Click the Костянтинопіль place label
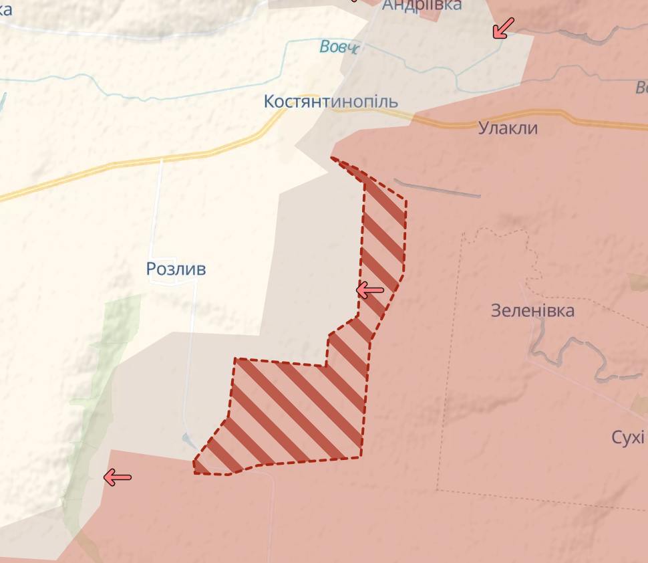pyautogui.click(x=331, y=102)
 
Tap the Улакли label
pyautogui.click(x=508, y=128)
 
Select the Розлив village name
pyautogui.click(x=176, y=269)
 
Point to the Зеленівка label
pyautogui.click(x=532, y=310)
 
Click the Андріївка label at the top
pyautogui.click(x=422, y=5)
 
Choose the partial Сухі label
pyautogui.click(x=628, y=437)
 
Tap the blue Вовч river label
pyautogui.click(x=339, y=47)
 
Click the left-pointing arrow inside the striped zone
pyautogui.click(x=370, y=290)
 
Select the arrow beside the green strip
pyautogui.click(x=118, y=477)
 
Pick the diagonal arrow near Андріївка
pyautogui.click(x=503, y=28)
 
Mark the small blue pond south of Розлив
pyautogui.click(x=189, y=441)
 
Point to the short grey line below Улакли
pyautogui.click(x=438, y=188)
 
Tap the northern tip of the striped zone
pyautogui.click(x=333, y=158)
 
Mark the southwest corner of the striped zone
pyautogui.click(x=195, y=472)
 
